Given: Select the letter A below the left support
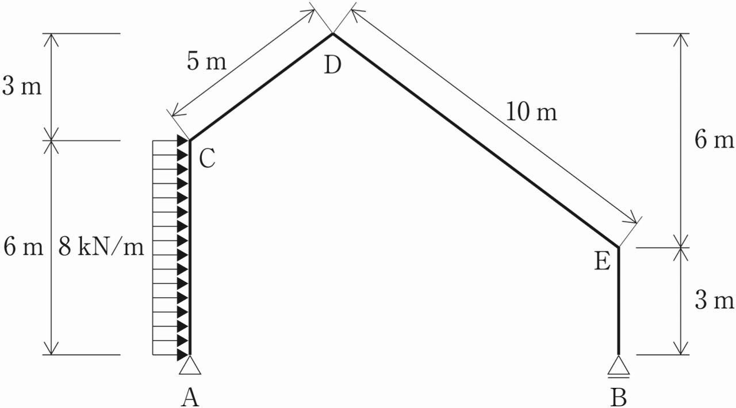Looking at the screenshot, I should [190, 397].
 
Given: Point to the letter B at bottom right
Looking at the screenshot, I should [619, 397].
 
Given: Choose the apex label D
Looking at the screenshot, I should [332, 66].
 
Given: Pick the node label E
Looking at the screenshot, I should [602, 262].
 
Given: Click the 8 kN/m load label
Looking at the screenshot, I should [101, 248].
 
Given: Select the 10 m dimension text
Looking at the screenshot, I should [531, 112].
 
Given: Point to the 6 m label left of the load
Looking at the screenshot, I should [23, 248].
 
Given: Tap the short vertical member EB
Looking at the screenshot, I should [619, 302].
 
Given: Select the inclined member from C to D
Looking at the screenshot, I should [260, 87].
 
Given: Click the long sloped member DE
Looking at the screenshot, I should [475, 140].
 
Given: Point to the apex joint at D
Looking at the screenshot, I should [332, 34].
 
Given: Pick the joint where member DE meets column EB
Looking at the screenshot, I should [619, 247].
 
